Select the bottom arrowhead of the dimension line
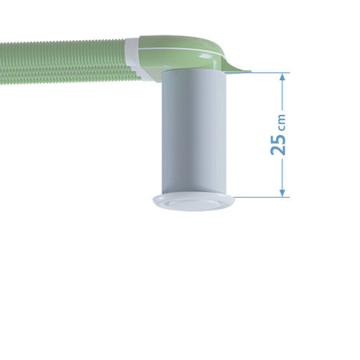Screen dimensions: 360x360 click(282, 192)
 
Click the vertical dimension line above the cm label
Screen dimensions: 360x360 click(282, 94)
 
